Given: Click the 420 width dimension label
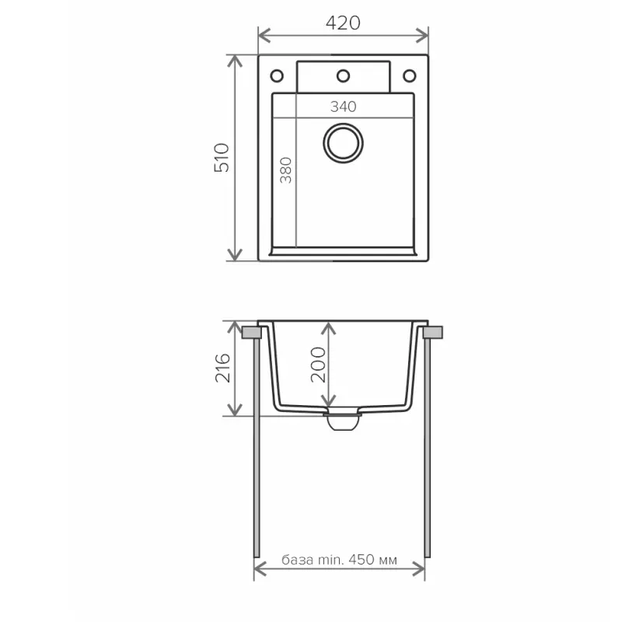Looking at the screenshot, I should coord(343,23).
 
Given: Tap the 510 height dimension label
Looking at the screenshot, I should coord(224,158).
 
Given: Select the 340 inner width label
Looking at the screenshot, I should coord(342,107).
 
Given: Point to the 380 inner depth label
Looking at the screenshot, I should coord(285,169).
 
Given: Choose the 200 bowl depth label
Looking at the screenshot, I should coord(318,364).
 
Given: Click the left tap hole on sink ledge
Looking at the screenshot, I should coord(276,75).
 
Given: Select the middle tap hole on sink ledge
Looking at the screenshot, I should coord(342,75).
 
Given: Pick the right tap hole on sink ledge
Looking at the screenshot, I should coord(408,75).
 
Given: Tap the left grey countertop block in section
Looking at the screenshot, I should coord(251,333).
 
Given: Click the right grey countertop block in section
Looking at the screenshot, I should coord(433,333).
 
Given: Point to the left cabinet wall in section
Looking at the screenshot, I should coord(257,451).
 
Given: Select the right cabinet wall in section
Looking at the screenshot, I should coord(427,451).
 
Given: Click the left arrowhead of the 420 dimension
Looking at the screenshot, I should coord(263,35).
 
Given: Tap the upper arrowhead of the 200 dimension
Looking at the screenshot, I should coord(330,327).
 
